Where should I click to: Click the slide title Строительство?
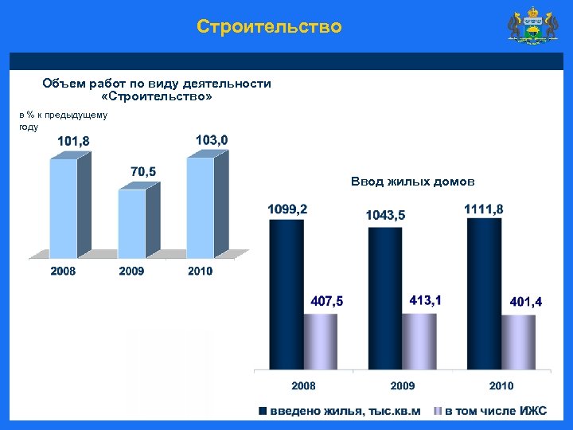[x=269, y=27]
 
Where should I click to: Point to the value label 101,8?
[x=73, y=141]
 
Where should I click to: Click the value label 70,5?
[x=142, y=171]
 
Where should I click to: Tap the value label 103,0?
[x=211, y=140]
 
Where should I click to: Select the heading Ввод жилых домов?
[x=412, y=182]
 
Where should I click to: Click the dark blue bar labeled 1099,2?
[x=286, y=294]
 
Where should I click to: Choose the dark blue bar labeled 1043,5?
[x=385, y=298]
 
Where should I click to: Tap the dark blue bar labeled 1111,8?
[x=484, y=293]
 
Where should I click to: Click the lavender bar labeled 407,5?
[x=321, y=341]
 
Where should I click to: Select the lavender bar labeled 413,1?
[x=419, y=341]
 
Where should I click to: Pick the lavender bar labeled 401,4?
[x=518, y=342]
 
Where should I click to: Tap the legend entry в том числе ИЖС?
[x=490, y=411]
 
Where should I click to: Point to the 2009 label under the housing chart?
[x=402, y=386]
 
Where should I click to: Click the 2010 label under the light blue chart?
[x=200, y=272]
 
